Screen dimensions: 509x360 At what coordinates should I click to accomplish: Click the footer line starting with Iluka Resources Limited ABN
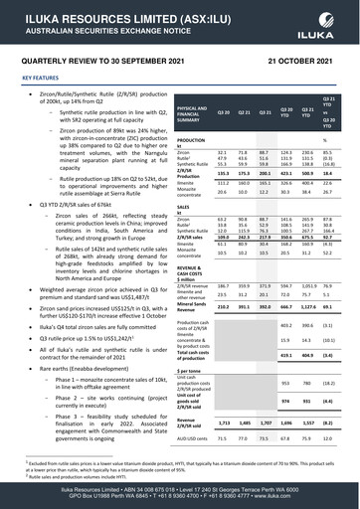(x=180, y=490)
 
